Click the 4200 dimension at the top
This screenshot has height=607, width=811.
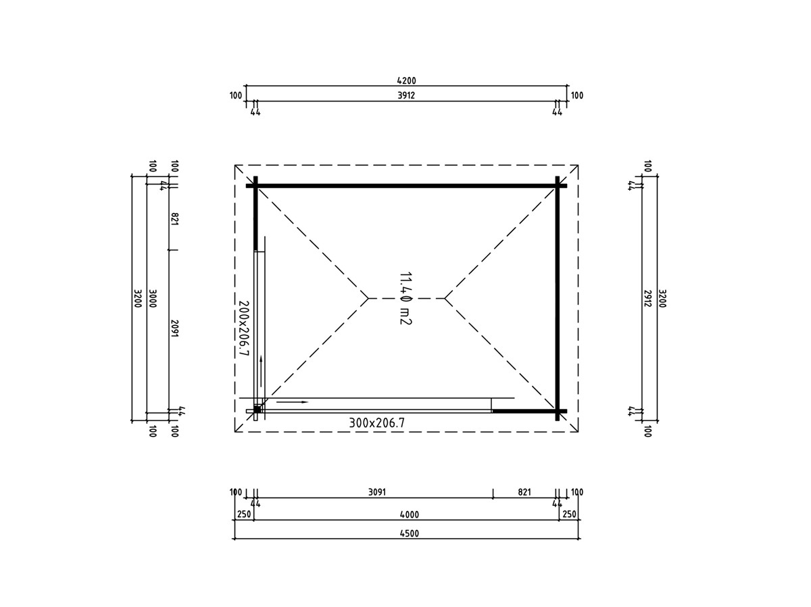[x=406, y=80]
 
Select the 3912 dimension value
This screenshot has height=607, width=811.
[x=406, y=95]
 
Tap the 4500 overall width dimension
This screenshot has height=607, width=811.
[x=410, y=533]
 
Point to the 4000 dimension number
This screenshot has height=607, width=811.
[x=410, y=514]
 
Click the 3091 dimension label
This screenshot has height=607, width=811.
[x=377, y=492]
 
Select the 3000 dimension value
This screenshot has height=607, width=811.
[x=152, y=299]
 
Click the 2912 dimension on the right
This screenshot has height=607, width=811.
[x=647, y=299]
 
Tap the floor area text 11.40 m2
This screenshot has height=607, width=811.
[x=405, y=299]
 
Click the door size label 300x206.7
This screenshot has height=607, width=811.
[x=377, y=423]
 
